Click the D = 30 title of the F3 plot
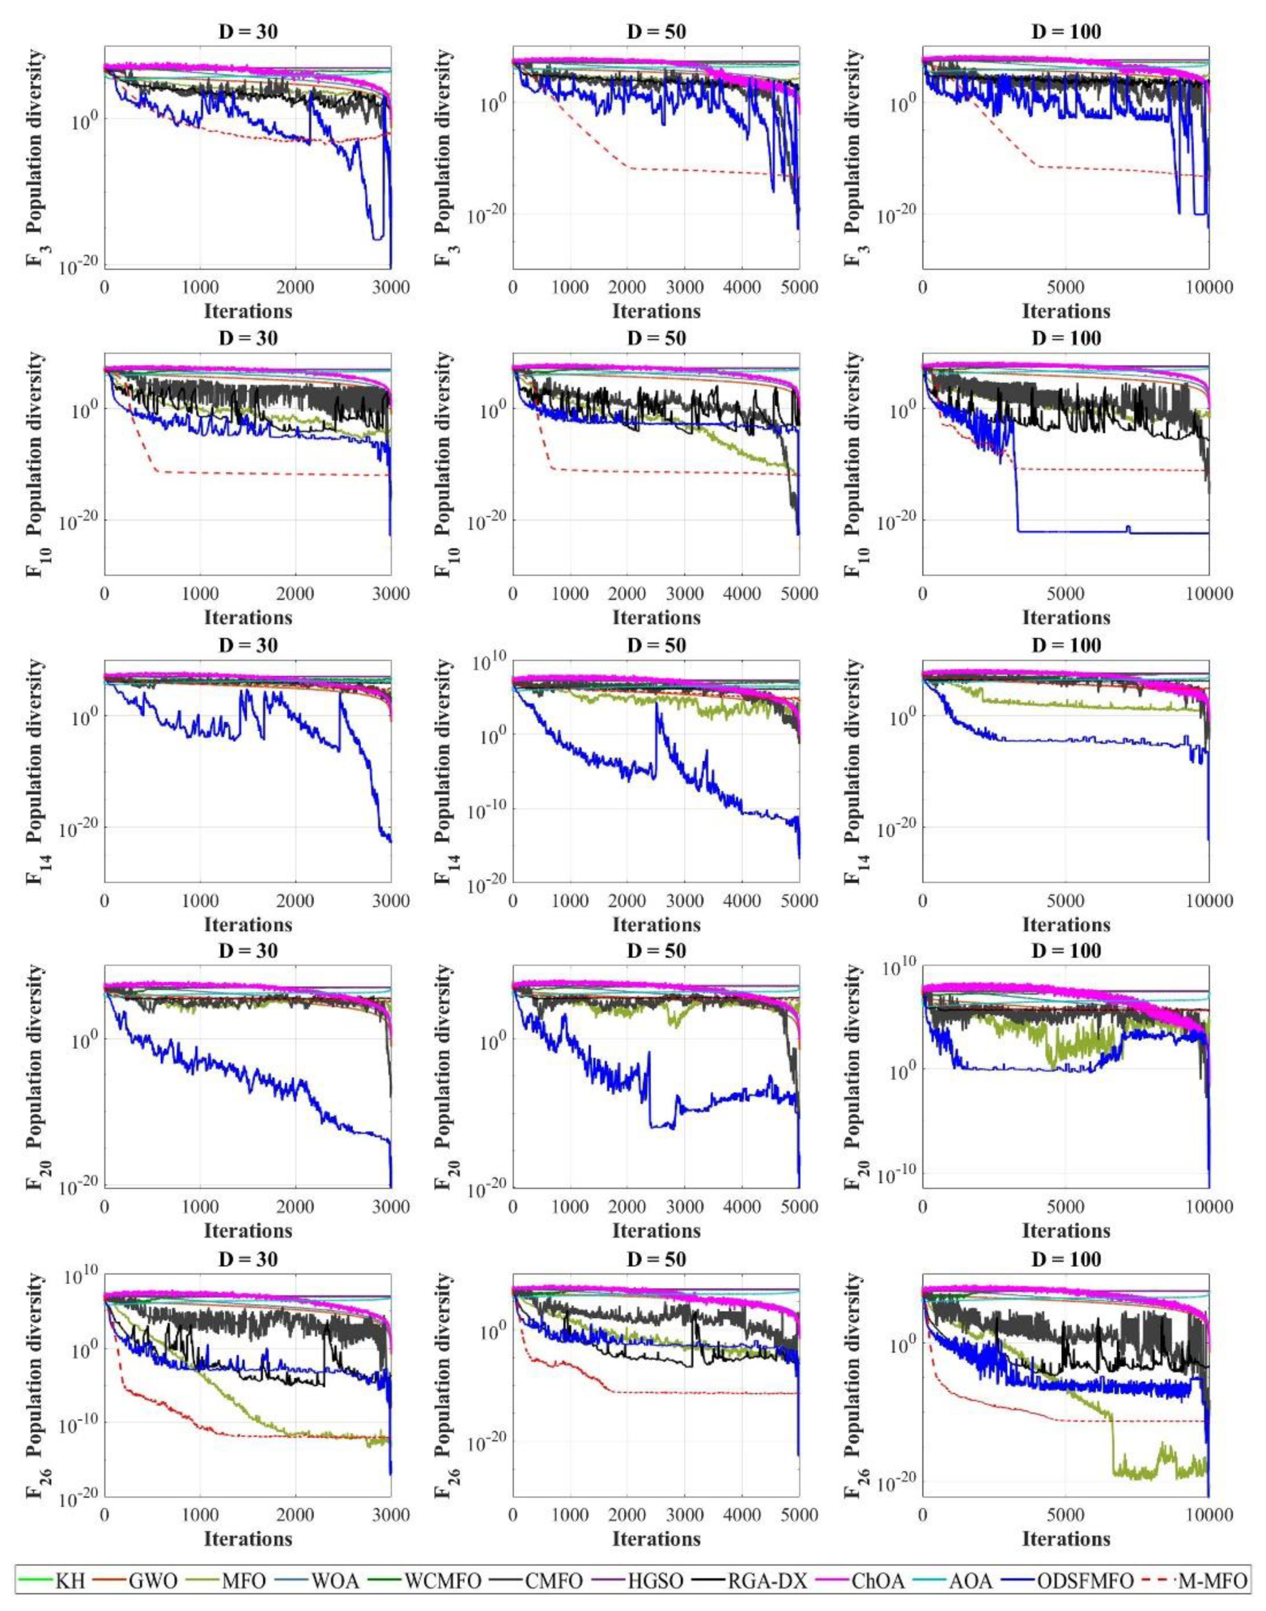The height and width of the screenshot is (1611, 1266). [x=247, y=32]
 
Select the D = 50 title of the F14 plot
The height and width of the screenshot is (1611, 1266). [x=656, y=646]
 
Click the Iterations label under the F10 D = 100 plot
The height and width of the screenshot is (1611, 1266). [x=1066, y=617]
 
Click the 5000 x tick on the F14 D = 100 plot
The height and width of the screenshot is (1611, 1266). [x=1066, y=901]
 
